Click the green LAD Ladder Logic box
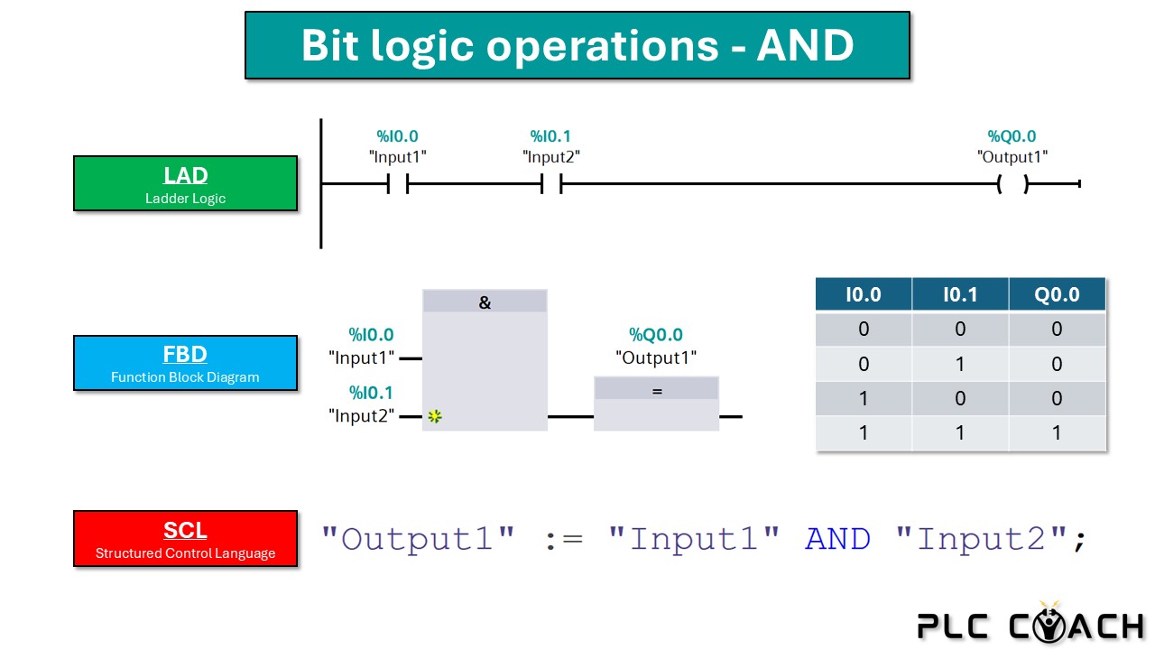(185, 183)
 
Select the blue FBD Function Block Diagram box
(185, 363)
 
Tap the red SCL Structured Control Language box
(185, 539)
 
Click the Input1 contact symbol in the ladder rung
(398, 183)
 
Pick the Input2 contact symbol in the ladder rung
(551, 183)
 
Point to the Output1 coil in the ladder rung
(1012, 183)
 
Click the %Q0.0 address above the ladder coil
(1012, 136)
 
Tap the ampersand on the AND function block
(485, 302)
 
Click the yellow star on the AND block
(435, 416)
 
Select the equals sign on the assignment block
(657, 392)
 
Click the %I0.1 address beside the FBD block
(371, 393)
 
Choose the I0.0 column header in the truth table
(864, 294)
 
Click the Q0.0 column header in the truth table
(1057, 294)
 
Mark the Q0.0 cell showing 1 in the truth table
(1057, 432)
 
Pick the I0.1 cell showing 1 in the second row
(960, 364)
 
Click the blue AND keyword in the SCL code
(838, 540)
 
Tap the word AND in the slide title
(806, 45)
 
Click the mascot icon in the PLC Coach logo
(1049, 623)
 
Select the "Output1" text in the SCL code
(418, 540)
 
